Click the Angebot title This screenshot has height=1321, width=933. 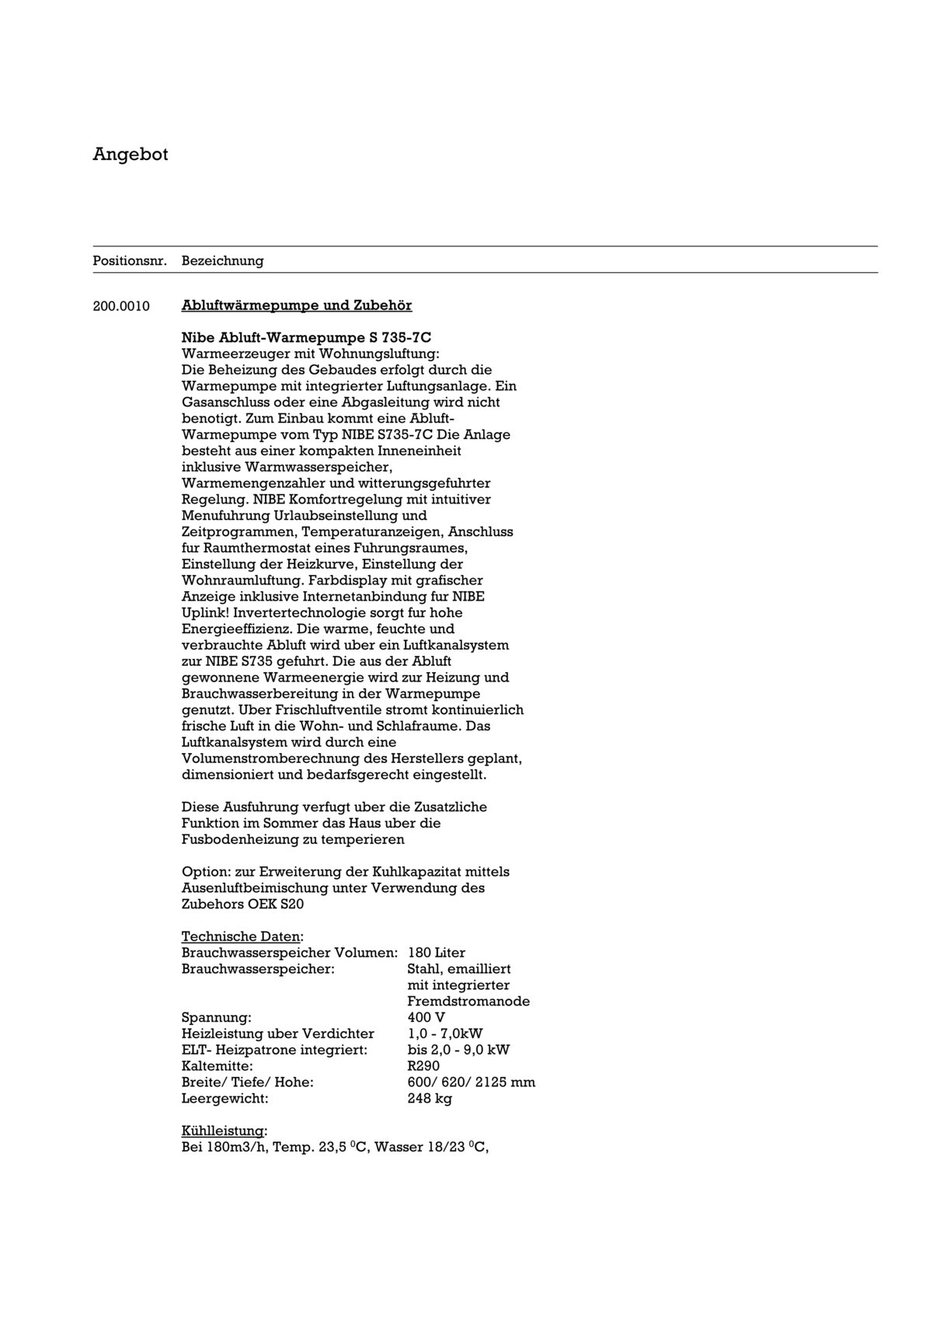pyautogui.click(x=130, y=154)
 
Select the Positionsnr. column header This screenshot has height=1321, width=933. pyautogui.click(x=130, y=261)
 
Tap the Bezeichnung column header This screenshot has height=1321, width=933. pyautogui.click(x=222, y=261)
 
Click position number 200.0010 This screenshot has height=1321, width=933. pyautogui.click(x=121, y=305)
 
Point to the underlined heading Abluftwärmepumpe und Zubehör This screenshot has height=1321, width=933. pyautogui.click(x=297, y=305)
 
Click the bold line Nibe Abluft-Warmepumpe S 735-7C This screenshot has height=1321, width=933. pyautogui.click(x=306, y=337)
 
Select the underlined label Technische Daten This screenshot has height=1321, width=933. pyautogui.click(x=241, y=936)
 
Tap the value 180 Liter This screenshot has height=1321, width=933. pyautogui.click(x=436, y=953)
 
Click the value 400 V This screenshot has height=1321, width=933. pyautogui.click(x=426, y=1017)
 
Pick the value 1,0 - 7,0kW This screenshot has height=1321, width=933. pyautogui.click(x=444, y=1033)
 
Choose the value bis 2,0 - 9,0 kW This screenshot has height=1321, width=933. pyautogui.click(x=458, y=1050)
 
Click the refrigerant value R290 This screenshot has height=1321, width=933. pyautogui.click(x=423, y=1066)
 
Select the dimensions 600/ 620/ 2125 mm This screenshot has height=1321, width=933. pyautogui.click(x=471, y=1082)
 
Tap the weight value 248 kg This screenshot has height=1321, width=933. pyautogui.click(x=429, y=1099)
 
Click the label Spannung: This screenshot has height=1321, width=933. pyautogui.click(x=216, y=1017)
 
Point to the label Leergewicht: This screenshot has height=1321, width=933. pyautogui.click(x=225, y=1099)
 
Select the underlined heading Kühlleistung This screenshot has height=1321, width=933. pyautogui.click(x=223, y=1131)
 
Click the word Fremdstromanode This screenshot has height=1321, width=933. pyautogui.click(x=468, y=1001)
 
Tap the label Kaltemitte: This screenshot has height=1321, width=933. pyautogui.click(x=217, y=1066)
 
